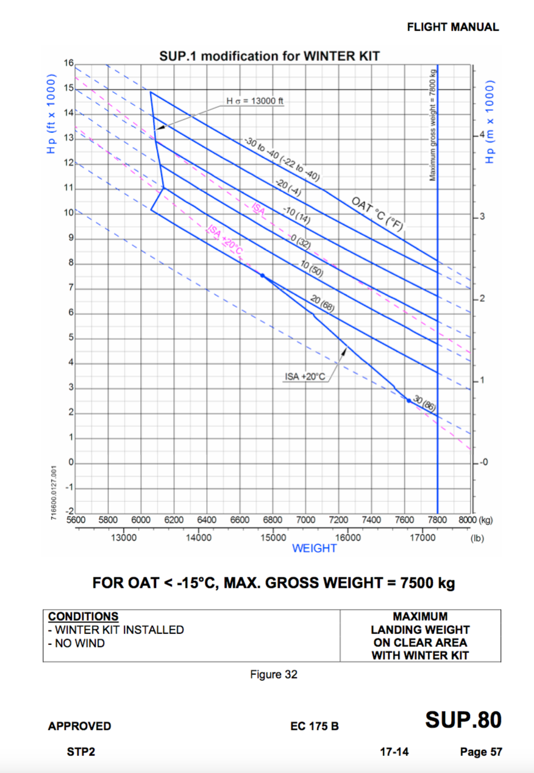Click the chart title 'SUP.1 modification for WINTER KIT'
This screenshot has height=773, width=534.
pos(269,56)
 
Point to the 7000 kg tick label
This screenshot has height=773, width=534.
pos(305,520)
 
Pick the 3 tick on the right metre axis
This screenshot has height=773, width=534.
pos(480,217)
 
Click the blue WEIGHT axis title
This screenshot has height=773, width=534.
pos(314,548)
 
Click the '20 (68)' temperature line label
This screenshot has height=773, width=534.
pos(322,301)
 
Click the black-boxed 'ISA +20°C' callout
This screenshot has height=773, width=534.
pos(305,376)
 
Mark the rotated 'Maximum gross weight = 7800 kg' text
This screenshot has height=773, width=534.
pos(432,124)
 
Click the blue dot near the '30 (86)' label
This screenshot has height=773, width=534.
pos(408,400)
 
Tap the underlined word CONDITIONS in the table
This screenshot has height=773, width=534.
pos(83,616)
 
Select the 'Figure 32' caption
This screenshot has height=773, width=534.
pos(274,674)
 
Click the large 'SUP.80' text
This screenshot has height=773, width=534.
pos(463,720)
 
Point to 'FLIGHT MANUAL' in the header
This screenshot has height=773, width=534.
pos(452,27)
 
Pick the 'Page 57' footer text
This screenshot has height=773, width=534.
pos(481,752)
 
